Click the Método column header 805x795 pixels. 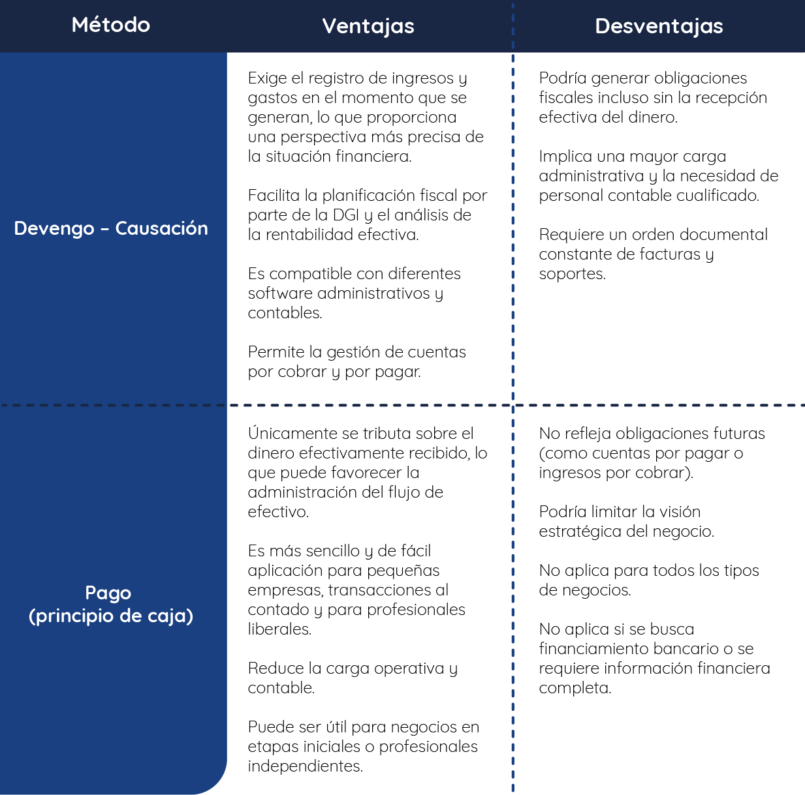(111, 25)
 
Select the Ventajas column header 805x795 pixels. (368, 27)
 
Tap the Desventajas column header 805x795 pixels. (659, 26)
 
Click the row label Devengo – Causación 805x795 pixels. (111, 228)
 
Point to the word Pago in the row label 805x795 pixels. (108, 593)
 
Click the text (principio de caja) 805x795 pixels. (111, 616)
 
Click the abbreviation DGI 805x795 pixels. (346, 215)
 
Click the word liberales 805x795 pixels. (279, 629)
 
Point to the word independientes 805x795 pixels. (305, 766)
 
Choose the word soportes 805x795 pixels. (572, 274)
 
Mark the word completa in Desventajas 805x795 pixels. (575, 688)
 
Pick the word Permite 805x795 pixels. (276, 352)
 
